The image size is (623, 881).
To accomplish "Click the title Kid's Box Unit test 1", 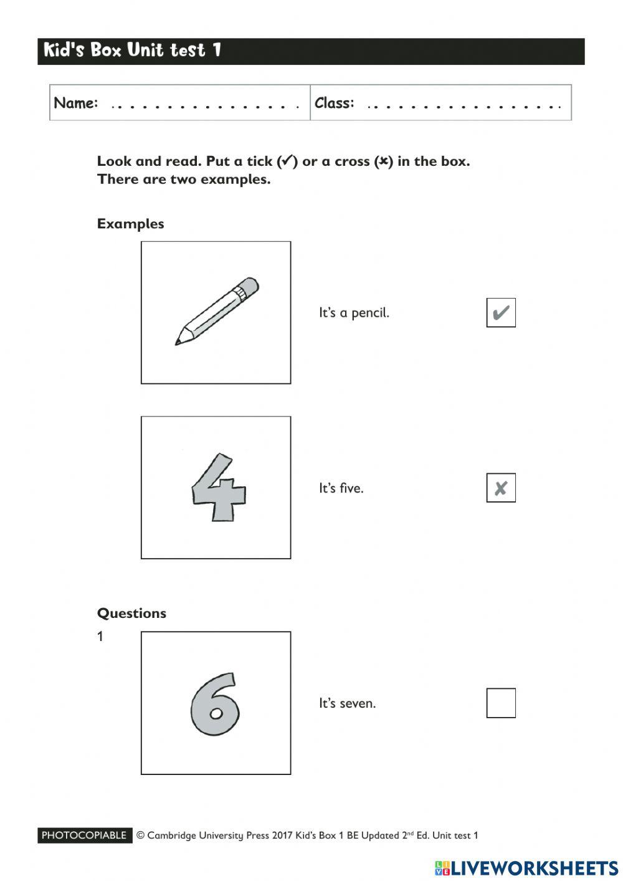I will [132, 50].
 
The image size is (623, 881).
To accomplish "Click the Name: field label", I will [75, 103].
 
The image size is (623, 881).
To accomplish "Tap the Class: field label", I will [334, 103].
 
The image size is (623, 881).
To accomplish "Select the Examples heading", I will [130, 224].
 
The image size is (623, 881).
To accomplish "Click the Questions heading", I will [131, 613].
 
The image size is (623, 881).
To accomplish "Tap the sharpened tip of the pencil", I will [178, 342].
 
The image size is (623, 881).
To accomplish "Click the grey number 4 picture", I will [217, 488].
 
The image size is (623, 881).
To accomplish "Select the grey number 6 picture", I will [215, 704].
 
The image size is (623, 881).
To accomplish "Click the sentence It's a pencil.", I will [354, 313].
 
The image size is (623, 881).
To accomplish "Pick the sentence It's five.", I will [341, 488].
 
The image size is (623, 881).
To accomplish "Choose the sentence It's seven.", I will [347, 703].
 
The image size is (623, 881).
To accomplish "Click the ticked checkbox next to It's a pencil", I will [501, 312].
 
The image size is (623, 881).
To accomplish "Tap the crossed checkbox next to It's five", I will [501, 488].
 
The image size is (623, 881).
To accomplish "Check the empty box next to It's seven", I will [501, 703].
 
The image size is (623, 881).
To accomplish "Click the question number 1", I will [100, 637].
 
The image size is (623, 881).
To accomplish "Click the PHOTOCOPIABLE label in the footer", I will [84, 835].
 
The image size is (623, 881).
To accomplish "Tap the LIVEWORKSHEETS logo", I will [526, 868].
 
